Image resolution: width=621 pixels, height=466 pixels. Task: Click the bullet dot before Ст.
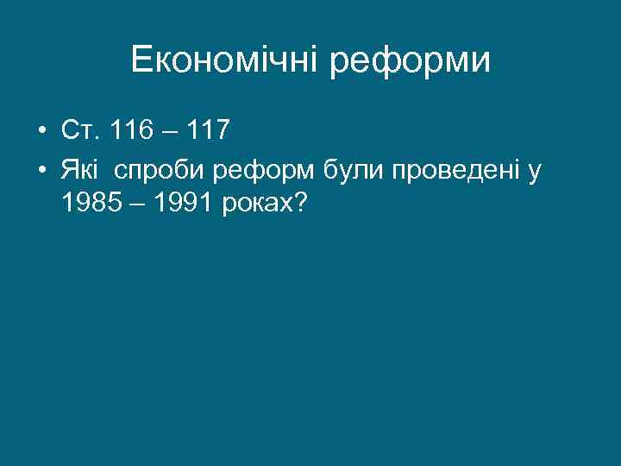coord(41,132)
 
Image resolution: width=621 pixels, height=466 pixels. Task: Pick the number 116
coord(134,131)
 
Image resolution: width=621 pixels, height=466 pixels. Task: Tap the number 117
coord(206,131)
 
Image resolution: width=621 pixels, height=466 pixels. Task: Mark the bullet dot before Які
coord(41,171)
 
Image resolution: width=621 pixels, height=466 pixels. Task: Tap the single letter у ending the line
coord(536,173)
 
